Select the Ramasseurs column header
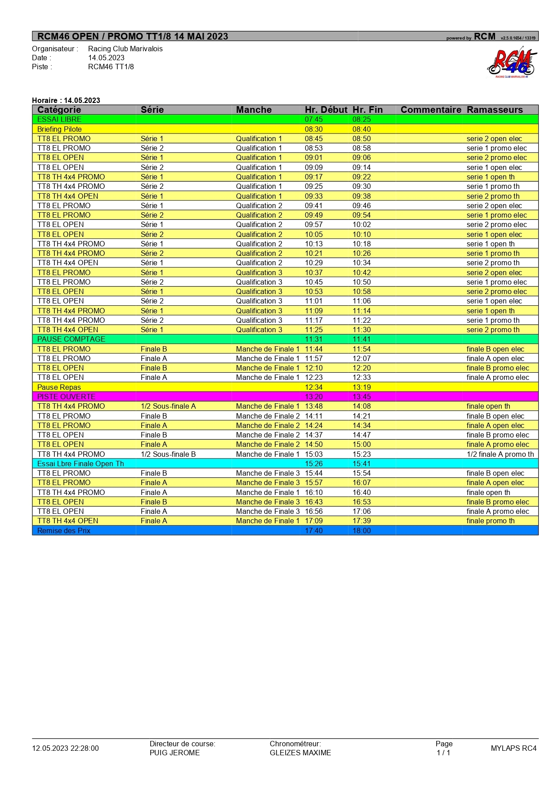495,110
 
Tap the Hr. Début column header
326,110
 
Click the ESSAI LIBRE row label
59,120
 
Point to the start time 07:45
313,120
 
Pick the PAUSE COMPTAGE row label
71,339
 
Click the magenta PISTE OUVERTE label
66,397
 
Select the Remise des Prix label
63,530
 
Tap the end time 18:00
362,530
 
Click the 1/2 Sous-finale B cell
168,454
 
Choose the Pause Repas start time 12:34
313,387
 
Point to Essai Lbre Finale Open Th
80,464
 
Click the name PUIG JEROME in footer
174,753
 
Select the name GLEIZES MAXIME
300,753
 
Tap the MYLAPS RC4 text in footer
513,748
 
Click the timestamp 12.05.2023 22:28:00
65,748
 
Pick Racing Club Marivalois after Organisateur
125,49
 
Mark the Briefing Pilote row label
59,129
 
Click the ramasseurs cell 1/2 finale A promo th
500,454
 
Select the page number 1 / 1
443,753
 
